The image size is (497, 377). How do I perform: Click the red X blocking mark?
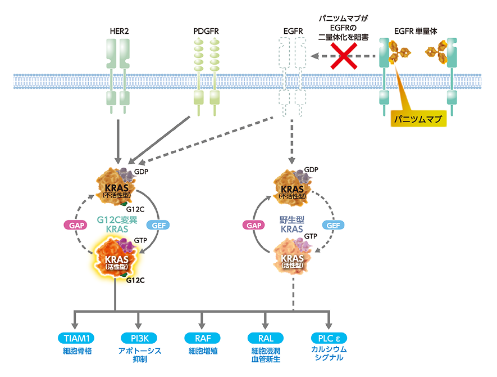point(343,56)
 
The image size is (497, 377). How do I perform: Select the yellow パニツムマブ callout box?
point(417,119)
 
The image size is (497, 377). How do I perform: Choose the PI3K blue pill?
point(140,338)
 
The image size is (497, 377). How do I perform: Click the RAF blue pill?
point(203,338)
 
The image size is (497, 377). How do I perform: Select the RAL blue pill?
point(266,338)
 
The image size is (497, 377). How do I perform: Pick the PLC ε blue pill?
point(329,338)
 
